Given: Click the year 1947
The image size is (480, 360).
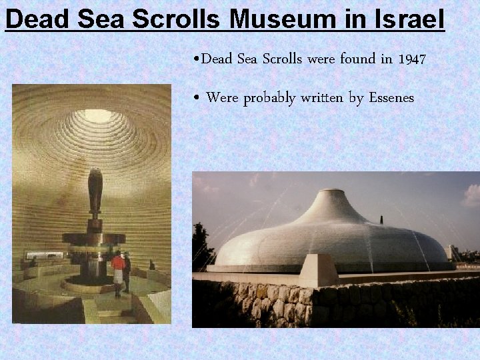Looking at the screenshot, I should coord(411,59).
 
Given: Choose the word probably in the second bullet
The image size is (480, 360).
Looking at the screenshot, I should coord(271,98).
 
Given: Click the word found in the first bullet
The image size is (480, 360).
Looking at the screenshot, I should coord(357,59).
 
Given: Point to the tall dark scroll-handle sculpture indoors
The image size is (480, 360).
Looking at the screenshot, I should coord(95,193).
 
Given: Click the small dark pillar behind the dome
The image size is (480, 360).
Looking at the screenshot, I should coord(382,220).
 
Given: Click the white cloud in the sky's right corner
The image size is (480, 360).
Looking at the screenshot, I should coord(471,195).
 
